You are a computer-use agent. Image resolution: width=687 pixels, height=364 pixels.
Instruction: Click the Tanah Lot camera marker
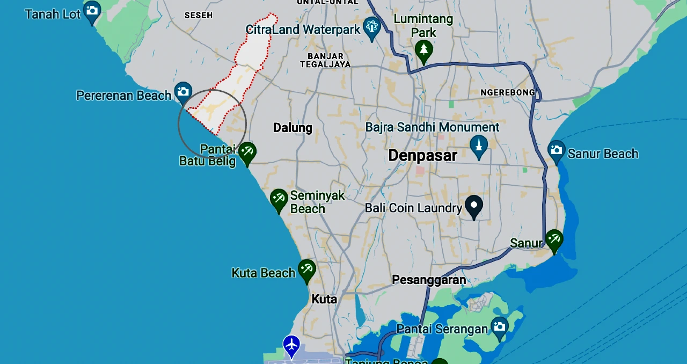coord(92,11)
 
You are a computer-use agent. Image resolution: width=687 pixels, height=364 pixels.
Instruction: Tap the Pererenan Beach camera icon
coord(183,92)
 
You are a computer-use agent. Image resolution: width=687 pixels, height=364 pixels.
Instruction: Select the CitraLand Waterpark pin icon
coord(371,27)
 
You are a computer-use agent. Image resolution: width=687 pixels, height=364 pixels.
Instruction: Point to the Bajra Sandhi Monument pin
coord(479,145)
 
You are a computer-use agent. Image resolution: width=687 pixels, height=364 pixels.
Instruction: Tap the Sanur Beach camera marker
coord(557,151)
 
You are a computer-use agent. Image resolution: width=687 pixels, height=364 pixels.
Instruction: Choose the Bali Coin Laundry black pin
coord(473,206)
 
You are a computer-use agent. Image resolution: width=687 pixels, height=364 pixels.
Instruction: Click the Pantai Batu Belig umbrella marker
coord(247,152)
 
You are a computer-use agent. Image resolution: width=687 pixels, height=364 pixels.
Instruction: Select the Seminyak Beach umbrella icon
coord(279,199)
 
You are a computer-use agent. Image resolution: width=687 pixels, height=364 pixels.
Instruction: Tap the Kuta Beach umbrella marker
coord(306,270)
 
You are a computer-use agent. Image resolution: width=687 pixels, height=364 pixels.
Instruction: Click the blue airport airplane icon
coord(291,344)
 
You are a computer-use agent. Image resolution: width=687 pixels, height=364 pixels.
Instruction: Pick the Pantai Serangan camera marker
coord(500,327)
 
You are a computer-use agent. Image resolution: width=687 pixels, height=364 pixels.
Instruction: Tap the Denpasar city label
coord(422,156)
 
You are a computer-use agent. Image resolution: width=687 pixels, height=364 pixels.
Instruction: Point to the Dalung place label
coord(293,128)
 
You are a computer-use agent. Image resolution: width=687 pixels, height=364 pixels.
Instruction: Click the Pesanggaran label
coord(429,280)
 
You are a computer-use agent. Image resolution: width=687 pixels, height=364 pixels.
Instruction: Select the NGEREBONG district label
coord(508,92)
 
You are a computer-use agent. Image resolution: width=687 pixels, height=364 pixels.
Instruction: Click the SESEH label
coord(199,16)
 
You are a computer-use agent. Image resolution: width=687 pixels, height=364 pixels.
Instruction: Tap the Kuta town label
coord(324,299)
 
